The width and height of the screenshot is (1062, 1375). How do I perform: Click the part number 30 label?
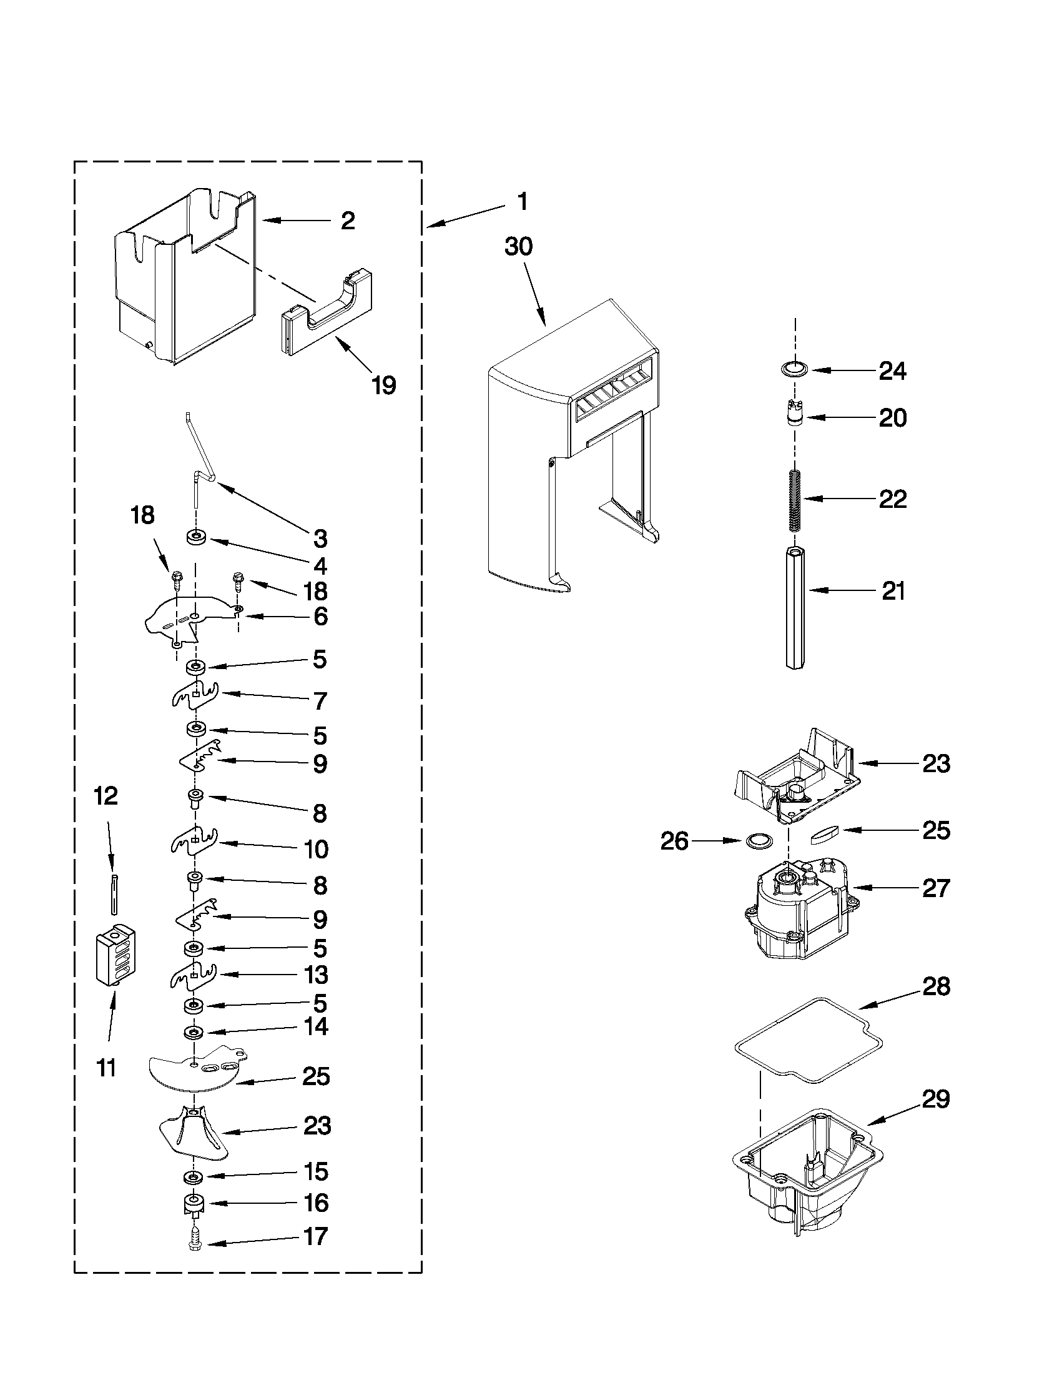(x=518, y=247)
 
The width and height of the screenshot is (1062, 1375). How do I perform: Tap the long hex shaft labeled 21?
(x=796, y=608)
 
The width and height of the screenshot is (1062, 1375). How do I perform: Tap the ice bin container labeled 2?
(x=182, y=277)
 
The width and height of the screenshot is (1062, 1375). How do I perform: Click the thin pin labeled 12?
(x=113, y=893)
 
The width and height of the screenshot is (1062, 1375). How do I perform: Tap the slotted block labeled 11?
(x=116, y=957)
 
